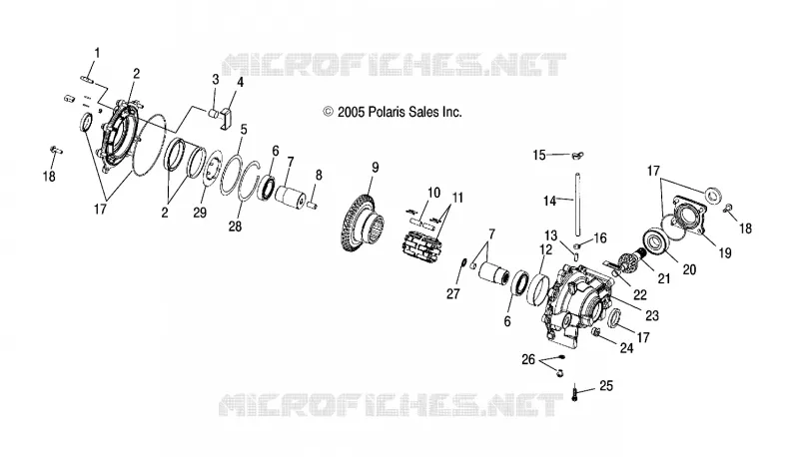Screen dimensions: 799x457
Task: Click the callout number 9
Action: tap(376, 168)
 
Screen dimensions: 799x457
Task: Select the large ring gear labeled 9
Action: tap(362, 224)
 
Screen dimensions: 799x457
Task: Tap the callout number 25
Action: tap(606, 386)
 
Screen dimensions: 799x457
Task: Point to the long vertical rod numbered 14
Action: tap(578, 205)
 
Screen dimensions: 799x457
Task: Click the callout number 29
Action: tap(200, 213)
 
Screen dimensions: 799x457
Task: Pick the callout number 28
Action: tap(235, 226)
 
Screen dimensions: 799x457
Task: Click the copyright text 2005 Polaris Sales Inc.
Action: tap(393, 112)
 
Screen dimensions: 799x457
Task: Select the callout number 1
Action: tap(97, 53)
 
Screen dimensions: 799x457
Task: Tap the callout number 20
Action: tap(689, 269)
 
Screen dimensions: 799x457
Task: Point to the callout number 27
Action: tap(453, 293)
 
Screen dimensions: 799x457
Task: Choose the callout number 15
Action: tap(539, 155)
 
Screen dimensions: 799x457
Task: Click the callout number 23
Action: tap(652, 315)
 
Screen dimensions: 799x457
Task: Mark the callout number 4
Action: tap(240, 82)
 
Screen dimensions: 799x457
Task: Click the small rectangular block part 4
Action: tap(227, 118)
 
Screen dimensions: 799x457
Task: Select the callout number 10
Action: tap(433, 193)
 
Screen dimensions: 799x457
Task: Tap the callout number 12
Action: tap(545, 249)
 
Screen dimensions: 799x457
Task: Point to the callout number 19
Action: tap(725, 252)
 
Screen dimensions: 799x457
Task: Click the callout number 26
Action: tap(528, 359)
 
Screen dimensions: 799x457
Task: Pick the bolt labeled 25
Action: tap(575, 393)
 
